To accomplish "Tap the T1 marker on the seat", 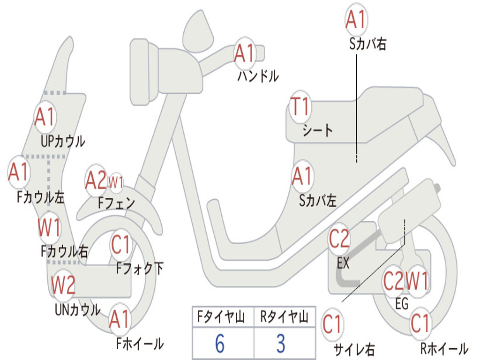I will (300, 107).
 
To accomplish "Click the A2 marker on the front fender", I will (96, 180).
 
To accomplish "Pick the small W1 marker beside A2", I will (116, 181).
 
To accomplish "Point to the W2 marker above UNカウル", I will (63, 285).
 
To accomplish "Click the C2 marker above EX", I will (339, 239).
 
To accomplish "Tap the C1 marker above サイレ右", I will (332, 324).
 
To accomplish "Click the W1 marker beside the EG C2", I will (417, 282).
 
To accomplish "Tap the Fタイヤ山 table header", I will (220, 318).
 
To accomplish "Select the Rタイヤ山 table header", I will (284, 318).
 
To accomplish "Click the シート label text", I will (317, 130).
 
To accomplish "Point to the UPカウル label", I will (63, 141).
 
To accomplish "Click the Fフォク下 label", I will (140, 269).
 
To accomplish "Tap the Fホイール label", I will (140, 344).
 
